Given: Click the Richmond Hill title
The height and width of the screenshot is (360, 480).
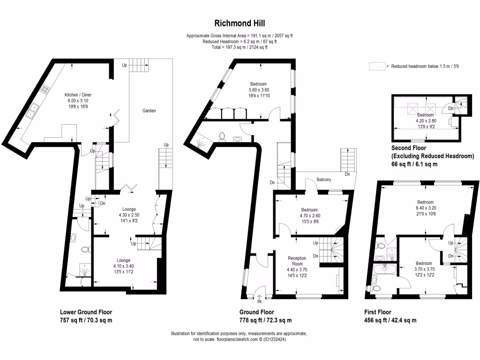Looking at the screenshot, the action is tap(240, 23).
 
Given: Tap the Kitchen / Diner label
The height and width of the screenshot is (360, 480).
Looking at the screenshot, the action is tap(78, 95).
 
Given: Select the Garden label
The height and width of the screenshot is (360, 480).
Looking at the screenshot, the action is tap(149, 111).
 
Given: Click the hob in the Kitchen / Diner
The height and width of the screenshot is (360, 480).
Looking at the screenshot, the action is tap(46, 89).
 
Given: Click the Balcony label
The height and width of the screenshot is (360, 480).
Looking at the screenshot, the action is tap(324, 180).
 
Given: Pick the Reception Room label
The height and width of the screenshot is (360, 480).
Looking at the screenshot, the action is tap(297, 261).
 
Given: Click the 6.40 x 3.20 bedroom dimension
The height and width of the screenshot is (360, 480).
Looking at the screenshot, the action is tap(426, 208).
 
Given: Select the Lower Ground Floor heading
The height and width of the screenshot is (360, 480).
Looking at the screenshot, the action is tap(86, 312).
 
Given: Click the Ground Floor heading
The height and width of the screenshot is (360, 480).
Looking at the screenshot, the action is tap(256, 312).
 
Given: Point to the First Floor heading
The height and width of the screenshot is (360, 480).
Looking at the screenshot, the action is tap(378, 312).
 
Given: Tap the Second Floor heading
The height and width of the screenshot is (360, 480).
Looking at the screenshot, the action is tap(409, 148).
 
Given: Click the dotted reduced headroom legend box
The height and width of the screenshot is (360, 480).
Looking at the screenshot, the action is tap(377, 67).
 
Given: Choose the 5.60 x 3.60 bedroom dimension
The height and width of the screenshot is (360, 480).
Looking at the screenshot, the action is tap(259, 90).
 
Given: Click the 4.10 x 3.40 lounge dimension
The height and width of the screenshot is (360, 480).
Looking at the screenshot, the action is tap(124, 266).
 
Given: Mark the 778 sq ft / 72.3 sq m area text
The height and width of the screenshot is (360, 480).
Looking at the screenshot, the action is tap(265, 321).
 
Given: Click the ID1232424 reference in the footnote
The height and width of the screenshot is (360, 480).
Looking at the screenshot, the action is tap(275, 339).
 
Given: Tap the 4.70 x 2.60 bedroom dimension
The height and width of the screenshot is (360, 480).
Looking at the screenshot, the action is tap(310, 216).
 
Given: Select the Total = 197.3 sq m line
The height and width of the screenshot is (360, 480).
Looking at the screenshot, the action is tap(240, 47).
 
